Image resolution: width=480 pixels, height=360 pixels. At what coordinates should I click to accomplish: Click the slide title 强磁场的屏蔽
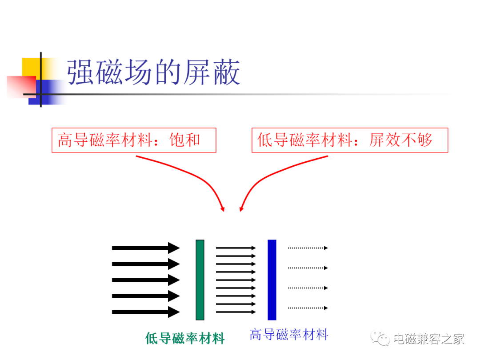(x=153, y=72)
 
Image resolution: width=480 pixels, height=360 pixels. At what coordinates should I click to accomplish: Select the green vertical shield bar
(x=200, y=280)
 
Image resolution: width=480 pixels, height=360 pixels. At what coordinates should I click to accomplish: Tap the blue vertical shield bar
(x=272, y=280)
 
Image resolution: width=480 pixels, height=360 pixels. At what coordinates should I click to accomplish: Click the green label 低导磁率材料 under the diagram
(x=185, y=339)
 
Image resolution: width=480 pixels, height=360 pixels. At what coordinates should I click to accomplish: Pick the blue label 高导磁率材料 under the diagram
(x=289, y=334)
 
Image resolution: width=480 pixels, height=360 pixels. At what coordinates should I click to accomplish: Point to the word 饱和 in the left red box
(x=185, y=140)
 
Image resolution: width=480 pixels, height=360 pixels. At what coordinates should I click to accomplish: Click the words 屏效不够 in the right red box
(x=401, y=140)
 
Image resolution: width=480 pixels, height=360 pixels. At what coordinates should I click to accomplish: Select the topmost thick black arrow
(x=146, y=248)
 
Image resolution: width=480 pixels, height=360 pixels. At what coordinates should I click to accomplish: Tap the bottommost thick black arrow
(x=146, y=312)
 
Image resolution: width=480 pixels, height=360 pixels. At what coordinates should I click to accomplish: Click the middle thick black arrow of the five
(x=146, y=280)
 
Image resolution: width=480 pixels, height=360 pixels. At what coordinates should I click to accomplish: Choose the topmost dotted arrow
(x=308, y=248)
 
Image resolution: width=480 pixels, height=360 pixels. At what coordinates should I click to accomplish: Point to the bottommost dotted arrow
(x=308, y=308)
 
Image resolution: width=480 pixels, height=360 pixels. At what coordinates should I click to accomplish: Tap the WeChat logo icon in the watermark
(x=380, y=338)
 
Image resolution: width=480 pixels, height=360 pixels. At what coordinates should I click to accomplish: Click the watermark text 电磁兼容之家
(x=429, y=339)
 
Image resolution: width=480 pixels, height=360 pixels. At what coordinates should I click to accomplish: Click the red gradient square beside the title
(x=21, y=87)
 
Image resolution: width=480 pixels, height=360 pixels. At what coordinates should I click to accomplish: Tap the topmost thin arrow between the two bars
(x=236, y=248)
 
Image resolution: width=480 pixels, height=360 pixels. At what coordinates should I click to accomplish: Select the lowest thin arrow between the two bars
(x=236, y=312)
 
